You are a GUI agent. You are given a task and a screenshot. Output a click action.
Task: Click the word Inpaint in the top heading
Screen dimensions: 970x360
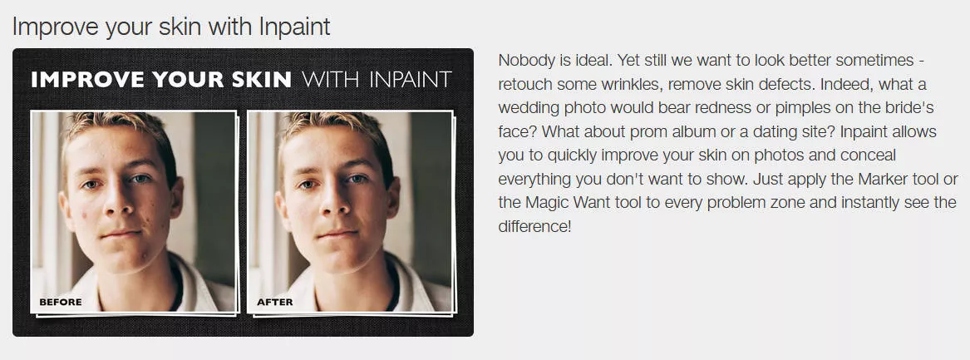point(294,27)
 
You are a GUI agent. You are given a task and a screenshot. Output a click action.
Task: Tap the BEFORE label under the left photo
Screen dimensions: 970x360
point(61,302)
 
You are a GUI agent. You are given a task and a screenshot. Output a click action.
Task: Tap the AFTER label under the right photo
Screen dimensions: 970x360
point(275,302)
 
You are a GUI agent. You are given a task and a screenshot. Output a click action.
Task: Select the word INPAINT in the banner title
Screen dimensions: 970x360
point(410,79)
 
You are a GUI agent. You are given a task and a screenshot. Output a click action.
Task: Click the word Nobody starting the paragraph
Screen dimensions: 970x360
point(522,61)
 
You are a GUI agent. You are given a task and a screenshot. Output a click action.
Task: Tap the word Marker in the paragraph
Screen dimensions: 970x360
point(881,180)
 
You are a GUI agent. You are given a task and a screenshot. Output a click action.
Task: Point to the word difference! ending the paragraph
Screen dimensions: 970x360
point(534,227)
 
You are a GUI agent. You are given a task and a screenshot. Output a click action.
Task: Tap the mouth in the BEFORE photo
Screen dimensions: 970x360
point(122,234)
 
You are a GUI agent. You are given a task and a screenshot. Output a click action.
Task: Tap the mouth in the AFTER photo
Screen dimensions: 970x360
point(338,234)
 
